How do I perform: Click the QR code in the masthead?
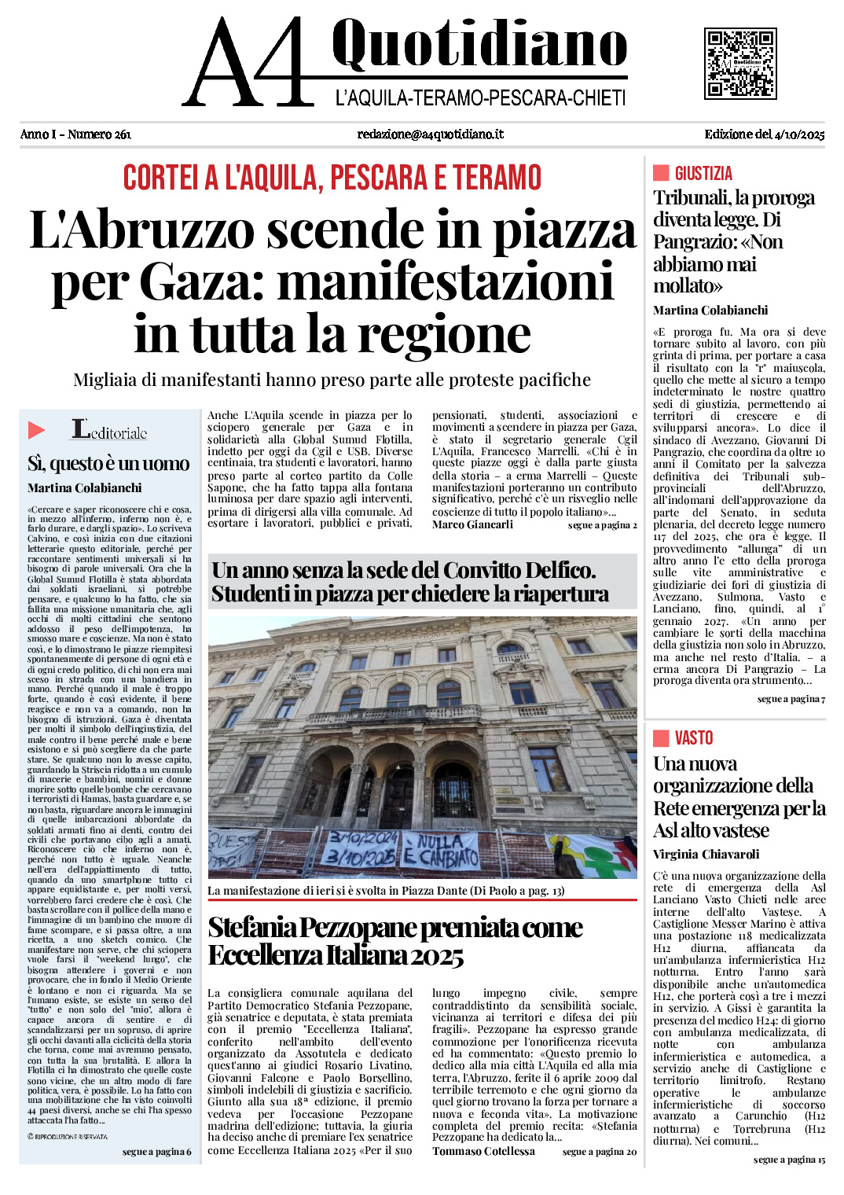[739, 64]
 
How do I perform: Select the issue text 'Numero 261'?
[99, 134]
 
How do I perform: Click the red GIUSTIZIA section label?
[703, 174]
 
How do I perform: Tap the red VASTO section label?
[693, 738]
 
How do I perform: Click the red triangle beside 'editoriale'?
[36, 430]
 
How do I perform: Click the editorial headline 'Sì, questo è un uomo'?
[108, 464]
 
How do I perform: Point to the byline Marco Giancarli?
[472, 524]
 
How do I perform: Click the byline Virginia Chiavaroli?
[706, 855]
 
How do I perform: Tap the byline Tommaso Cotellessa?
[483, 1151]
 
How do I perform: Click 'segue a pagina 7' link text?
[791, 699]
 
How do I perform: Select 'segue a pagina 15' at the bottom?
[789, 1160]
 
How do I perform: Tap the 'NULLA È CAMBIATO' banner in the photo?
[441, 848]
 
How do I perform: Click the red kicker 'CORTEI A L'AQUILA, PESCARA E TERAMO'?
[332, 178]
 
